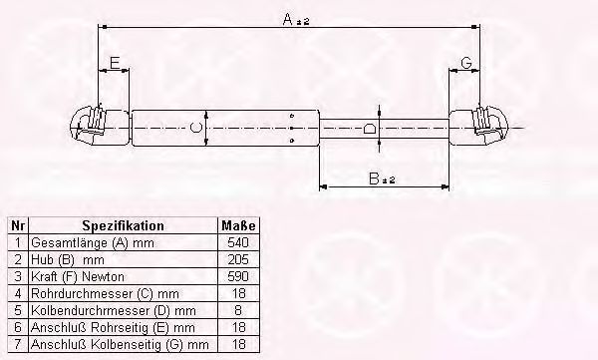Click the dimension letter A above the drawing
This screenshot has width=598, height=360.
click(288, 19)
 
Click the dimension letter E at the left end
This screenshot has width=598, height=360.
click(115, 63)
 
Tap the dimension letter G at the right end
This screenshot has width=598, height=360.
click(466, 63)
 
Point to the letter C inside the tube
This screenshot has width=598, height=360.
click(195, 128)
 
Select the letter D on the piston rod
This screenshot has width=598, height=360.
click(370, 129)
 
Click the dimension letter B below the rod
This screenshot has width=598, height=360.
click(374, 179)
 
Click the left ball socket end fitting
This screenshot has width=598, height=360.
click(100, 126)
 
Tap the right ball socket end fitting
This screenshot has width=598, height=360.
click(478, 126)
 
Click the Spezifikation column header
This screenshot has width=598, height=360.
click(124, 225)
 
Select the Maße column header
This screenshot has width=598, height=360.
click(238, 225)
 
